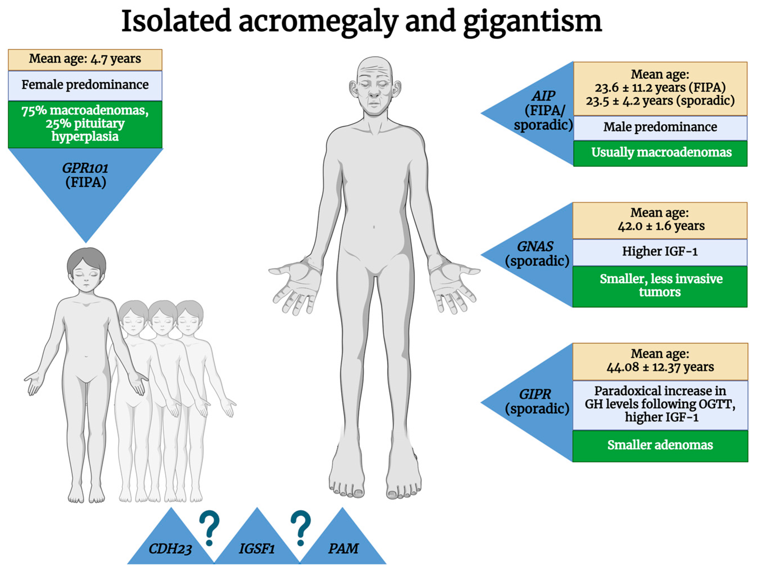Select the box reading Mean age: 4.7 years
(x=85, y=59)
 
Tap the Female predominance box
(x=85, y=85)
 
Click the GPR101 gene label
(x=85, y=168)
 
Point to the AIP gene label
(x=543, y=96)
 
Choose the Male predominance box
(x=660, y=127)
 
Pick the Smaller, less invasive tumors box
(x=660, y=285)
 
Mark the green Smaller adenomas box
(x=660, y=445)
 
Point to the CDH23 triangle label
(x=170, y=549)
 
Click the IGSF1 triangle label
(x=257, y=549)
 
